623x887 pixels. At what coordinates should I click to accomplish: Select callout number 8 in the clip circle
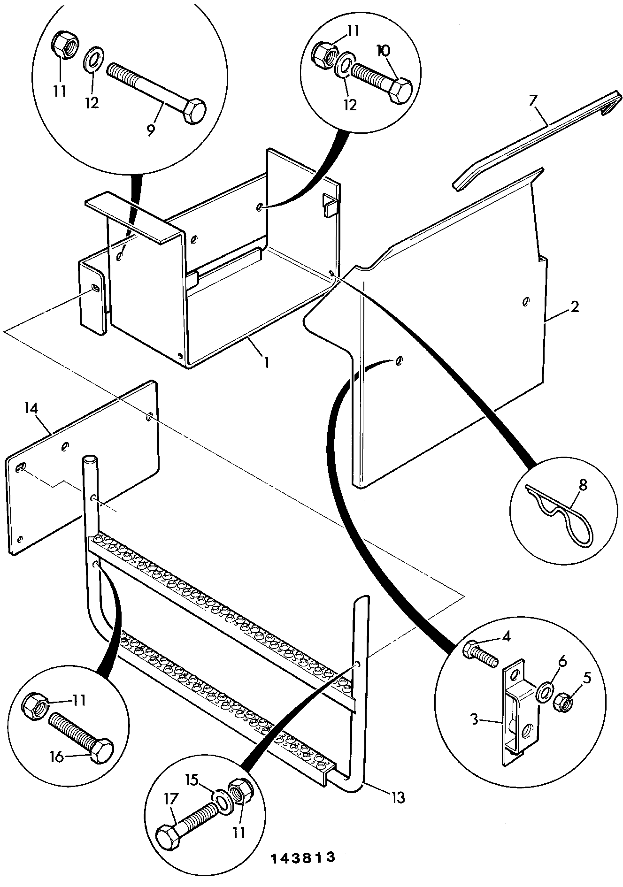(583, 486)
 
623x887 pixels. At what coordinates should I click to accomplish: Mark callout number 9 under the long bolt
(151, 130)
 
